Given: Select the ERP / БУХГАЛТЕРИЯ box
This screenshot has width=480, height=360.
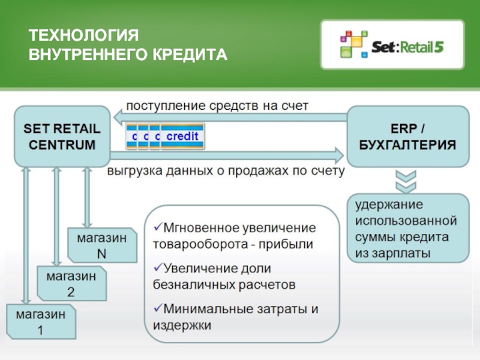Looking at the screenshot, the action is (407, 136).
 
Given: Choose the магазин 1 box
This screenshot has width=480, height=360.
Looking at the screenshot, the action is (41, 321).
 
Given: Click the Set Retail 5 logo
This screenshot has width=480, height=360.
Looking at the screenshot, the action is (392, 46).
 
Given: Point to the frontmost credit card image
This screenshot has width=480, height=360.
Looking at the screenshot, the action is (182, 137).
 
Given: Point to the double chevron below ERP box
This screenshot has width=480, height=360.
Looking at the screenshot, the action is (407, 179).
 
